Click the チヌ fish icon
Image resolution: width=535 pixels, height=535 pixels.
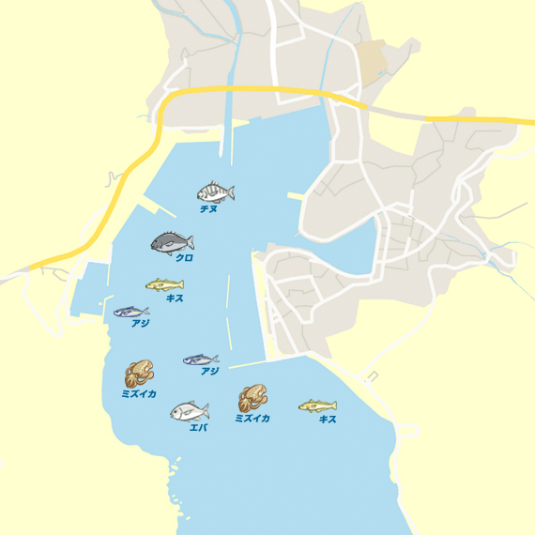[x=215, y=192]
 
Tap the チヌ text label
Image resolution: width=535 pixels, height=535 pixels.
[x=208, y=209]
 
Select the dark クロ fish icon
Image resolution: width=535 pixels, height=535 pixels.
[x=172, y=242]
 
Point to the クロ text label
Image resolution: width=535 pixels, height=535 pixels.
[x=184, y=257]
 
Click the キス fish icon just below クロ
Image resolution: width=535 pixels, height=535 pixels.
[x=164, y=284]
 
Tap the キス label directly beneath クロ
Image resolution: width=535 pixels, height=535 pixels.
[x=175, y=298]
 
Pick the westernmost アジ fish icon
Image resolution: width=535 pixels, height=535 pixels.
[x=131, y=311]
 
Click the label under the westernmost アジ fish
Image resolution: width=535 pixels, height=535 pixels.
[x=141, y=324]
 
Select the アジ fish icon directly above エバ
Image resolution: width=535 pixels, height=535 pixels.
[x=200, y=359]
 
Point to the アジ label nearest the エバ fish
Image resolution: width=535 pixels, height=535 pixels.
[x=209, y=372]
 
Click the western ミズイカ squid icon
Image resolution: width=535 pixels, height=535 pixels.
[x=139, y=374]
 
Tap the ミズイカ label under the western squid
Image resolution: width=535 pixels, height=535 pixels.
[x=139, y=394]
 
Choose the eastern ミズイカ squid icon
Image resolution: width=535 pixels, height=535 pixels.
[x=252, y=398]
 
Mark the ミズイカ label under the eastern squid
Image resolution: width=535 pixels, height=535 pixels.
[x=252, y=419]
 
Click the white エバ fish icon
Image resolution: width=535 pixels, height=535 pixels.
[x=189, y=411]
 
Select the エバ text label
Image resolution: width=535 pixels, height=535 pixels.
[x=198, y=428]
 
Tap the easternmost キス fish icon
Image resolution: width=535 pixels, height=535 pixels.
[x=317, y=405]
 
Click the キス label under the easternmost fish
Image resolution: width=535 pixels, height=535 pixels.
[x=328, y=420]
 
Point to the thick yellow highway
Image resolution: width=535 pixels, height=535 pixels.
[x=244, y=90]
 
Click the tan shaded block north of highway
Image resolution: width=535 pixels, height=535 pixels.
[x=372, y=60]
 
